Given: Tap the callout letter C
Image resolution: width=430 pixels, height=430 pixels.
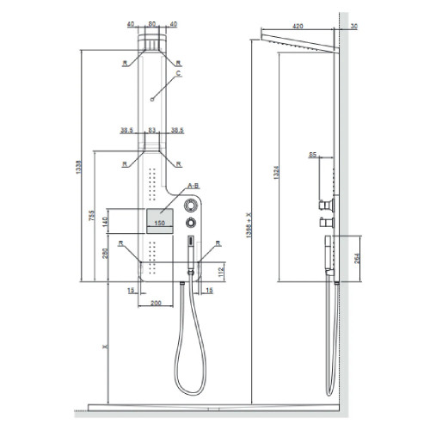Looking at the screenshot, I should click(x=179, y=74).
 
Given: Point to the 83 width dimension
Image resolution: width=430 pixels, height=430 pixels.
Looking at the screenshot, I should click(x=152, y=131).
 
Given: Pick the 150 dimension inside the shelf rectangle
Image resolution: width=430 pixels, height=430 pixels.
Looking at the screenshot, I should click(x=159, y=223).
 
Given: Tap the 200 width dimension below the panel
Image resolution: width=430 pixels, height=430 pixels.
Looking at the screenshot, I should click(x=157, y=304).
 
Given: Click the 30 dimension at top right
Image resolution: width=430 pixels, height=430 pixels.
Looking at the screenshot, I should click(x=354, y=26).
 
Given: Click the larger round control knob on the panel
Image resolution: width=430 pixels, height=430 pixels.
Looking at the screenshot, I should click(x=191, y=206).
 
